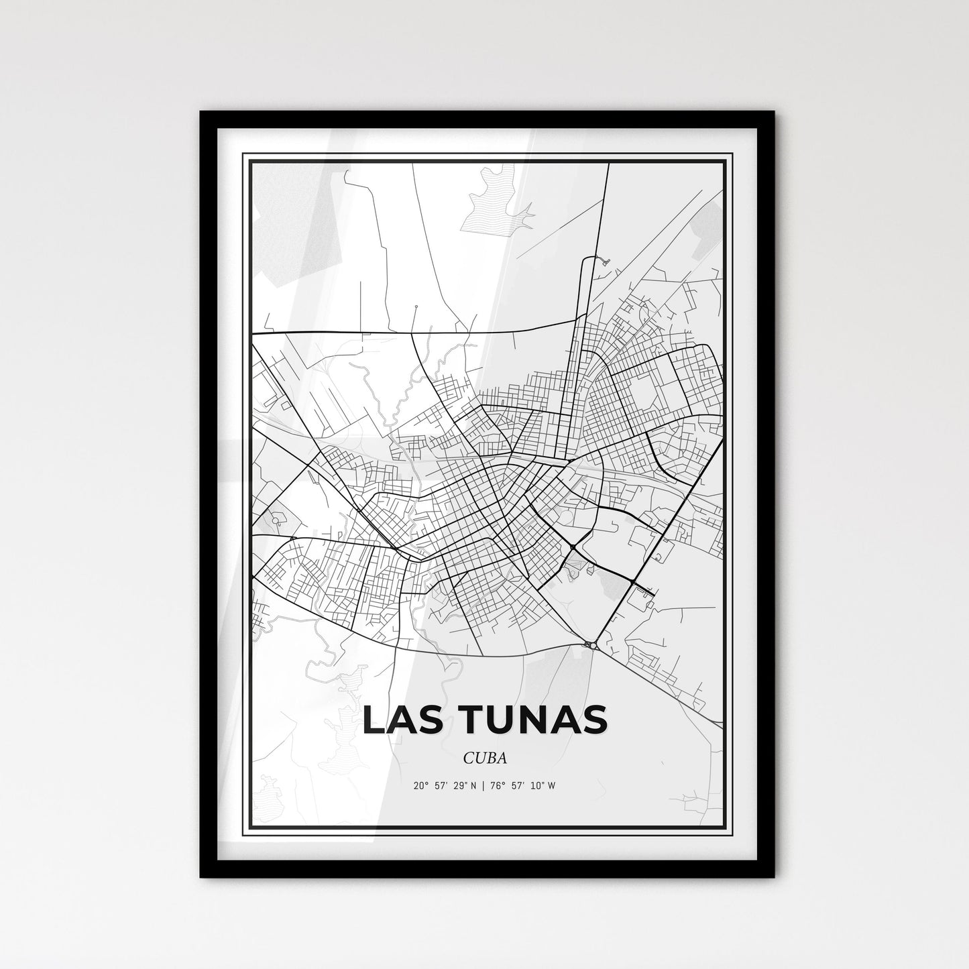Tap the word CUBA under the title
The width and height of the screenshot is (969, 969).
coord(483,758)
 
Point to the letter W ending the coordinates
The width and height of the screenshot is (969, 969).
coord(551,786)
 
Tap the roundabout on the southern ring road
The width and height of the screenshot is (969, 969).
coord(591,645)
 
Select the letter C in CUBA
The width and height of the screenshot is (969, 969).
coord(467,758)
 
